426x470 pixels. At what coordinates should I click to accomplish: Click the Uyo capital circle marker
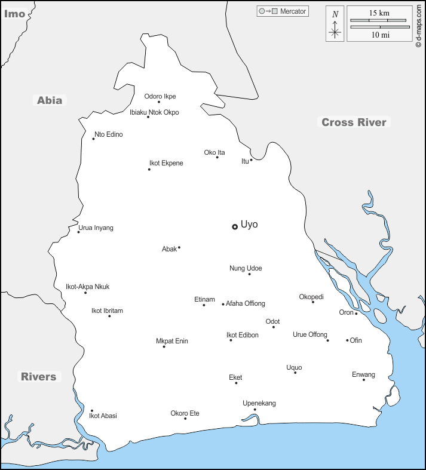point(235,227)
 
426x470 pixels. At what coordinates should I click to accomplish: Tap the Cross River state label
point(354,122)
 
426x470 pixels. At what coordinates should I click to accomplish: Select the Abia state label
point(50,100)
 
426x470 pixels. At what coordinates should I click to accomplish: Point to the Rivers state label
point(38,377)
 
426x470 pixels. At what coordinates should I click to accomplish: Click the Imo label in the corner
point(14,13)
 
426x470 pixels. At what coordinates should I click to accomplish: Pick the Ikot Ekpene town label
point(166,163)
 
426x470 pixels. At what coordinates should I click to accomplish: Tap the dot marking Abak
point(179,247)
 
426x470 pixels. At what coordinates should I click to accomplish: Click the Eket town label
point(235,377)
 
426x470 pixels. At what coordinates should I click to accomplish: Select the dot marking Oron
point(356,314)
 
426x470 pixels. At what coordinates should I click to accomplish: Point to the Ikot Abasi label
point(103,416)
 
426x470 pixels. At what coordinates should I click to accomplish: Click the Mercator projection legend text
point(293,11)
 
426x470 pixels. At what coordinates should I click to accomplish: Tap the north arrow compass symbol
point(335,24)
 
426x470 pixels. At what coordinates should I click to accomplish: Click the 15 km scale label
point(380,13)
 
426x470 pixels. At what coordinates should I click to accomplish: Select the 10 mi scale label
point(380,35)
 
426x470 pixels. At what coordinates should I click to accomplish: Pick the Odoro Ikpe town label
point(160,96)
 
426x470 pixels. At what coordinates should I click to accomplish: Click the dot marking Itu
point(252,159)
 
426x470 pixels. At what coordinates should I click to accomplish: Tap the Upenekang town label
point(259,403)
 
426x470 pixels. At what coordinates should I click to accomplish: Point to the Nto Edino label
point(109,134)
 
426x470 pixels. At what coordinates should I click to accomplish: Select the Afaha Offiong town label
point(245,303)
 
